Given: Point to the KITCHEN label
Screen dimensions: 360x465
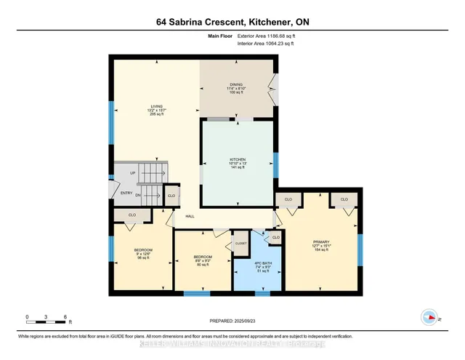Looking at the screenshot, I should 238,163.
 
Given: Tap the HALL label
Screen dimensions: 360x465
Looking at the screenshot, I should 190,217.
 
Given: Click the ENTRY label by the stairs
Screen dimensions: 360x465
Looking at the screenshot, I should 126,193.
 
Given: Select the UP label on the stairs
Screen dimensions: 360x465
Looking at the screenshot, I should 132,173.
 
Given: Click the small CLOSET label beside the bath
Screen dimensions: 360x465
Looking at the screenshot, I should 240,243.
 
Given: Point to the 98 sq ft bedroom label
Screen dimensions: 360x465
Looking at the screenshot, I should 142,254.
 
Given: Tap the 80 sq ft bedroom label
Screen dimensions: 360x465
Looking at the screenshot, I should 203,261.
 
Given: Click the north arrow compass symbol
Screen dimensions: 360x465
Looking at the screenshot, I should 429,317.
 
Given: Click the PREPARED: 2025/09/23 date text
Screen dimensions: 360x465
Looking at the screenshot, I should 232,321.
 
